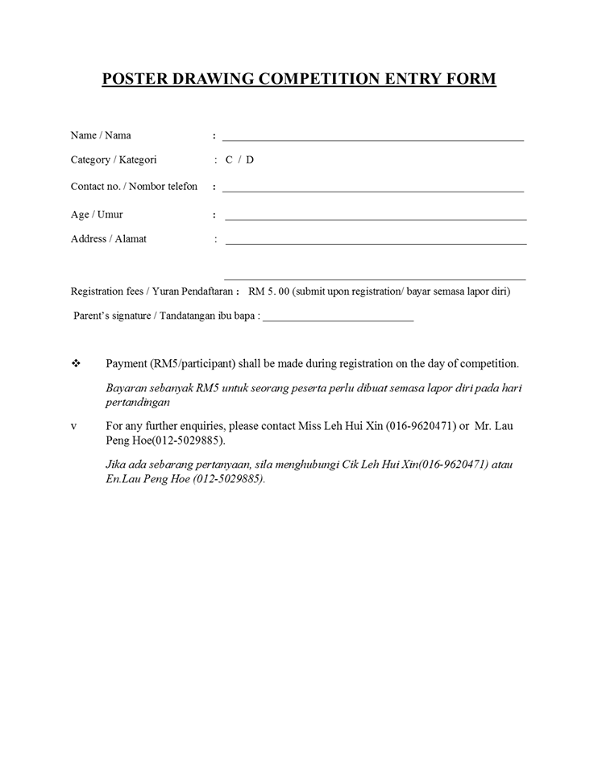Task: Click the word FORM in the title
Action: tap(471, 79)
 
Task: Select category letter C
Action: tap(229, 160)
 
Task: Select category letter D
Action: tap(250, 160)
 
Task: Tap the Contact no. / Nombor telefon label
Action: tap(134, 187)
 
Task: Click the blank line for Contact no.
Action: tap(373, 190)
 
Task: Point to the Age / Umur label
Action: tap(97, 215)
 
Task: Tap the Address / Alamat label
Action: tap(109, 239)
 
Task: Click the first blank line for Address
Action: tap(376, 242)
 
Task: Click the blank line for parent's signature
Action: tap(338, 320)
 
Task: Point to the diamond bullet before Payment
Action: tap(76, 364)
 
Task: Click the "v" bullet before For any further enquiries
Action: tap(74, 426)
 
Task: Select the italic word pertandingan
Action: tap(138, 403)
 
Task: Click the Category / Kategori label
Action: tap(114, 160)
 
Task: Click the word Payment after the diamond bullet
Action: tap(127, 364)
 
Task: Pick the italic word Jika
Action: tap(117, 465)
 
